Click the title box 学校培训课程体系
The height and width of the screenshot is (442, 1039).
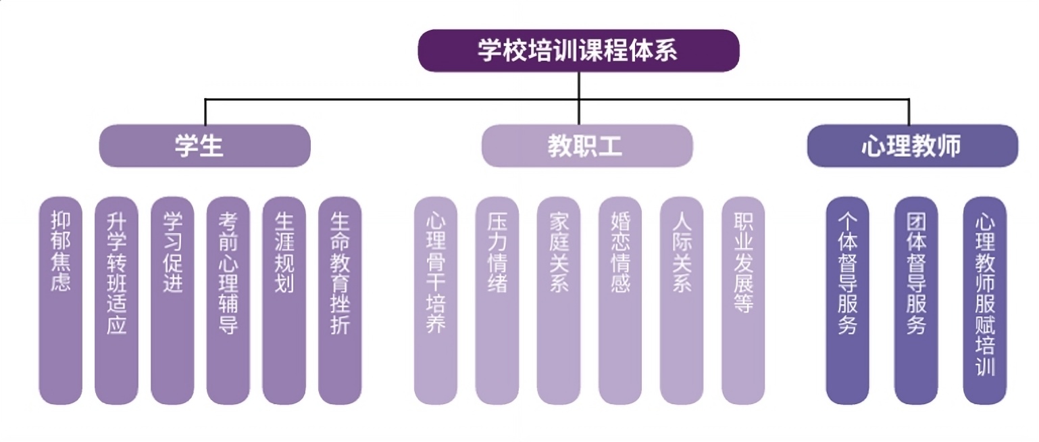coord(578,51)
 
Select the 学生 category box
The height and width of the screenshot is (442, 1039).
coord(205,145)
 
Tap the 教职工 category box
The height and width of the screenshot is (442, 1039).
coord(586,145)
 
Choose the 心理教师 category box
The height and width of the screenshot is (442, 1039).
coord(912,145)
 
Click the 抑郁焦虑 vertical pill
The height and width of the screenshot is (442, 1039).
coord(60,301)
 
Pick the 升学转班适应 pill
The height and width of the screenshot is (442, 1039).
coord(116,301)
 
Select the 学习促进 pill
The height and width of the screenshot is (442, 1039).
coord(172,301)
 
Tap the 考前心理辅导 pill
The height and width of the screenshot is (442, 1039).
coord(228,301)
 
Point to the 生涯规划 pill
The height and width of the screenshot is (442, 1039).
coord(284,301)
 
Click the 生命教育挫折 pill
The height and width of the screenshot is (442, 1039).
coord(340,301)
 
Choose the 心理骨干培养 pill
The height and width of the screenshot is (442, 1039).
coord(436,301)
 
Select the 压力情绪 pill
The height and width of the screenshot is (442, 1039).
coord(497,301)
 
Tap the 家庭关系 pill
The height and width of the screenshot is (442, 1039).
coord(559,301)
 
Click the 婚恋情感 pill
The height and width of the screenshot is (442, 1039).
coord(620,301)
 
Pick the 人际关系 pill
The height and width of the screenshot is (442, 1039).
coord(682,301)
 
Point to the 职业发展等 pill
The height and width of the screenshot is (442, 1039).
coord(743,301)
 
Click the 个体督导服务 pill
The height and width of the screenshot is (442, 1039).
coord(847,301)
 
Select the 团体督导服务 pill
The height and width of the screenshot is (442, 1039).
coord(915,301)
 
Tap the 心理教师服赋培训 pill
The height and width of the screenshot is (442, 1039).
coord(984,301)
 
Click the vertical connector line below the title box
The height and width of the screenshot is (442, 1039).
coord(579,86)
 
